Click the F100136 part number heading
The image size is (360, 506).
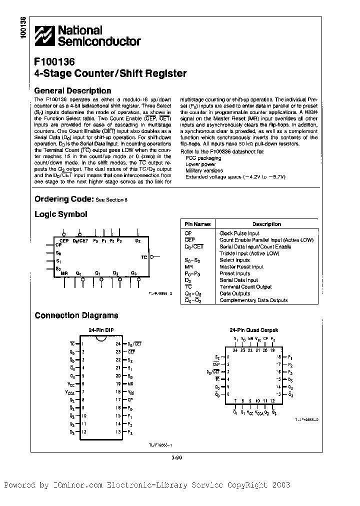coord(54,62)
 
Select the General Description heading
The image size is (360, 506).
coord(72,90)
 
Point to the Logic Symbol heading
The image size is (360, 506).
coord(60,214)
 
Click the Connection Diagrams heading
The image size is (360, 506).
coord(76,315)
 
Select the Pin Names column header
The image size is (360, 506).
coord(197,224)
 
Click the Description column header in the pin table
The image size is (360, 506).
coord(266,224)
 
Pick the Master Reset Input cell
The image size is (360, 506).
coord(238,266)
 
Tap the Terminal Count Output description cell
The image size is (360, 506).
coord(245,287)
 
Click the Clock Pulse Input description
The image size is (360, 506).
coord(239,233)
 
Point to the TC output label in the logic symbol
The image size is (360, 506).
coord(144,256)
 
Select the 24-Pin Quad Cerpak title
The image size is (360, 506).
coord(253,330)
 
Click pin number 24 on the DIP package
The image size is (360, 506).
coord(118,343)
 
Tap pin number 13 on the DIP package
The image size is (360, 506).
coord(118,431)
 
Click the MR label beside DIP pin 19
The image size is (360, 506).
coord(130,383)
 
